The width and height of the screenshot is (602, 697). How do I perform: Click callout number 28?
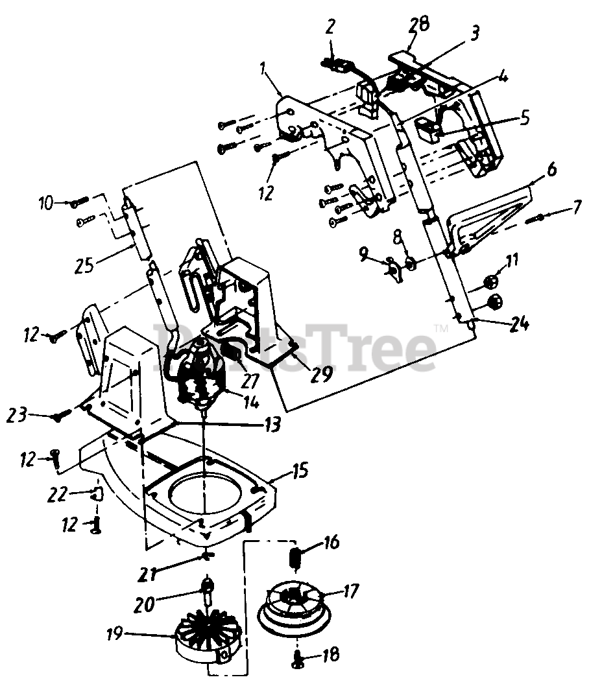click(x=420, y=27)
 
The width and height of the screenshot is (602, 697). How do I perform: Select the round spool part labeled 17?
click(x=296, y=604)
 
